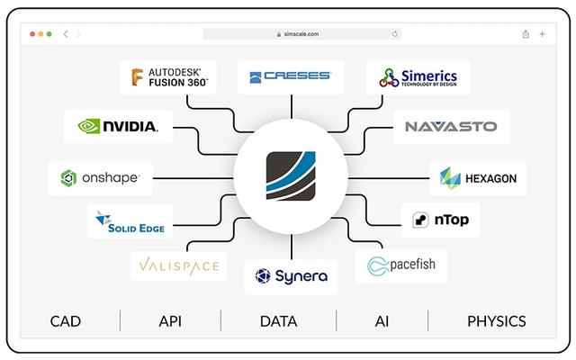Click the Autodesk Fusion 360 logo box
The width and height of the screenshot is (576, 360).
[x=168, y=76]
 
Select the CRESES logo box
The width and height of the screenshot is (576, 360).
[x=290, y=76]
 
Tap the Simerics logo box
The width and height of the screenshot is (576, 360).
[x=418, y=76]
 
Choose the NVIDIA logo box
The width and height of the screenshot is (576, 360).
[x=118, y=126]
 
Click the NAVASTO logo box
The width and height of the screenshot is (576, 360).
[x=451, y=126]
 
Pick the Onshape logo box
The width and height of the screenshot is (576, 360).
[x=100, y=177]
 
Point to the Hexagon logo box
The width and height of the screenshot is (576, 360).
[x=478, y=177]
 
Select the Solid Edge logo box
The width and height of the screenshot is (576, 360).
[x=130, y=221]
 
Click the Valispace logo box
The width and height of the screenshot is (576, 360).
[x=178, y=265]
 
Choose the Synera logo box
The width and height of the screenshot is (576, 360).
[x=290, y=275]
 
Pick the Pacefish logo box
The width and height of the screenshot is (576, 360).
[x=401, y=265]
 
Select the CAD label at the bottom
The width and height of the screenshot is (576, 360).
[x=66, y=321]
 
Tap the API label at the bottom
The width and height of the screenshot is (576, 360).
[x=170, y=321]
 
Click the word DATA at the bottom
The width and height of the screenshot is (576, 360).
[x=278, y=321]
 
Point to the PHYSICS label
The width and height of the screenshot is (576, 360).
[x=496, y=321]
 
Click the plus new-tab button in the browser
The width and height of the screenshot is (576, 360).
[x=542, y=34]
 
